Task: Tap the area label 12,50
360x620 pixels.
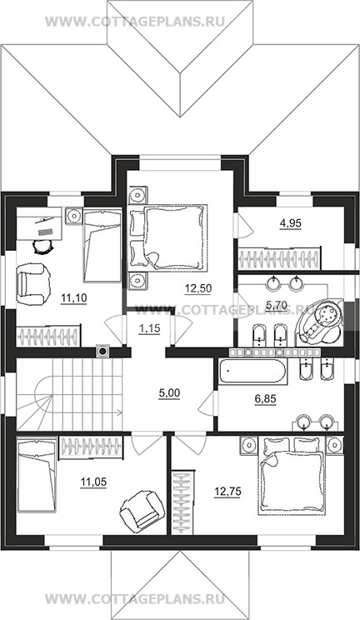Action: pyautogui.click(x=197, y=288)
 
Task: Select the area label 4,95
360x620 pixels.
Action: pyautogui.click(x=291, y=223)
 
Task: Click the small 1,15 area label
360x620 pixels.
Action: pyautogui.click(x=149, y=327)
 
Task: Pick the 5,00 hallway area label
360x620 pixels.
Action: pyautogui.click(x=169, y=393)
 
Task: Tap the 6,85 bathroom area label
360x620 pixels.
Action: pyautogui.click(x=265, y=398)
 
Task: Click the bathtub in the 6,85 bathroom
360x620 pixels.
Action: pyautogui.click(x=252, y=372)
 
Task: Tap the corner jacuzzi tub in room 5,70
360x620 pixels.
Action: pyautogui.click(x=321, y=320)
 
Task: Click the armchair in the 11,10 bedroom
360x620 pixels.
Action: pyautogui.click(x=33, y=283)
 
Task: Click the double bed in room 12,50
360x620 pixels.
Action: pyautogui.click(x=168, y=238)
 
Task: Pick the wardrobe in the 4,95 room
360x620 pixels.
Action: pyautogui.click(x=279, y=257)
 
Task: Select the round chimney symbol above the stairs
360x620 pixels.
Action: pyautogui.click(x=102, y=351)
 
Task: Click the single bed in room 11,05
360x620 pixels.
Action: pyautogui.click(x=37, y=472)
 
